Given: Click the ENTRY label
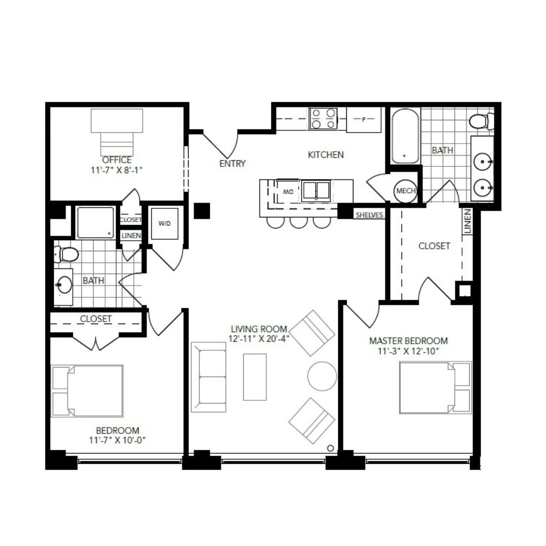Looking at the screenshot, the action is pyautogui.click(x=232, y=163).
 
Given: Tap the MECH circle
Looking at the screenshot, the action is pyautogui.click(x=405, y=191).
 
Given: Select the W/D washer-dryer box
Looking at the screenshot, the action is pyautogui.click(x=165, y=223).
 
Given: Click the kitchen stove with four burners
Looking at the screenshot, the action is pyautogui.click(x=324, y=119).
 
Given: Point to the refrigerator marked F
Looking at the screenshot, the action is pyautogui.click(x=363, y=119).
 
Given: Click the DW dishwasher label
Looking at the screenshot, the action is pyautogui.click(x=288, y=192).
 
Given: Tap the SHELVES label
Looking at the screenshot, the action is pyautogui.click(x=370, y=215).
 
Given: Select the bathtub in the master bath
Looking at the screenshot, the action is pyautogui.click(x=405, y=136).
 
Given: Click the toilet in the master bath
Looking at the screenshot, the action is pyautogui.click(x=481, y=121).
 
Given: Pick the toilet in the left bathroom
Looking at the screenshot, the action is pyautogui.click(x=66, y=254).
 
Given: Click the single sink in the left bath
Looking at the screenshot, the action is pyautogui.click(x=64, y=285).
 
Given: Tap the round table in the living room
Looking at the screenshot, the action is pyautogui.click(x=322, y=376).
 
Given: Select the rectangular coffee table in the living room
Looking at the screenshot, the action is pyautogui.click(x=255, y=377).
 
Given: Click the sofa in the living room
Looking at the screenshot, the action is pyautogui.click(x=209, y=377).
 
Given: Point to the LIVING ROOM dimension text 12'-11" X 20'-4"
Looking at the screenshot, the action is pyautogui.click(x=259, y=338).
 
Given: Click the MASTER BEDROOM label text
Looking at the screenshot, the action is pyautogui.click(x=408, y=341).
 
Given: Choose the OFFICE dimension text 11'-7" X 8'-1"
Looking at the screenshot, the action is pyautogui.click(x=117, y=170).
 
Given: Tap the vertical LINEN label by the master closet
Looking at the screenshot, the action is pyautogui.click(x=467, y=221).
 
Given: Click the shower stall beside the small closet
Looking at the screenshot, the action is pyautogui.click(x=96, y=223).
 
